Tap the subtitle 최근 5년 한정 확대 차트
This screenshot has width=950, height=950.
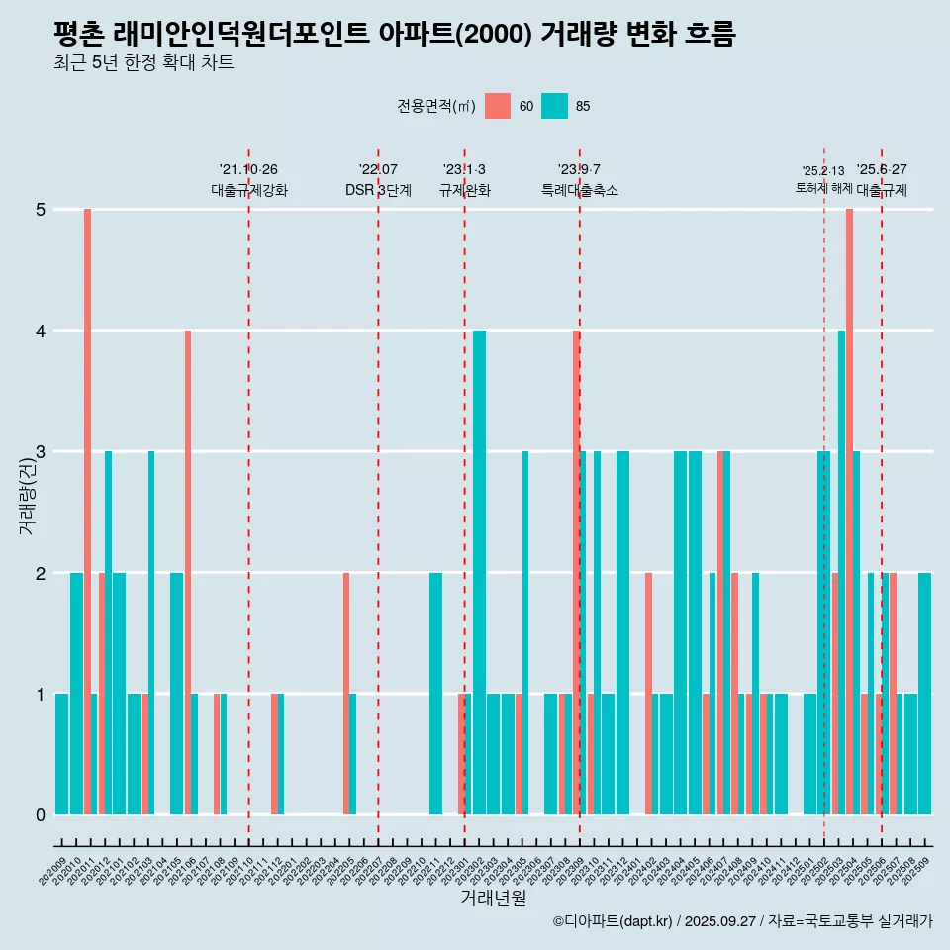[x=144, y=64]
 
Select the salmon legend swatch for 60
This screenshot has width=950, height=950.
[x=498, y=106]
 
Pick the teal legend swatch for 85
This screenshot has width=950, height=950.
[x=555, y=106]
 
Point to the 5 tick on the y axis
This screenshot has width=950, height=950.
[x=41, y=210]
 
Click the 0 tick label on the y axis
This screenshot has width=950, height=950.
[x=41, y=815]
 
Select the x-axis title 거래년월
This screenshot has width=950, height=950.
[x=493, y=898]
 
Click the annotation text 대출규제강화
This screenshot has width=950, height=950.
[x=249, y=190]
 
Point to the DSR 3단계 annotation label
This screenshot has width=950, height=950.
[x=378, y=190]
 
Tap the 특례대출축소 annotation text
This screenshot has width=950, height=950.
[x=580, y=190]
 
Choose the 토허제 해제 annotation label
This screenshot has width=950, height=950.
[x=823, y=187]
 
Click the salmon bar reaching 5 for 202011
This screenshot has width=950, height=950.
[x=87, y=512]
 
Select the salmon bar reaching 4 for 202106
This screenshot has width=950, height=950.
[x=188, y=572]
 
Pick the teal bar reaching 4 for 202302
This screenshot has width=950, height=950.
[x=479, y=572]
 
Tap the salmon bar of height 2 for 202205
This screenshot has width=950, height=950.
[x=346, y=694]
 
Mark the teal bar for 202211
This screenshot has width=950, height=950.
[x=435, y=694]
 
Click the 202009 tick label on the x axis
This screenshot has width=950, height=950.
[x=54, y=872]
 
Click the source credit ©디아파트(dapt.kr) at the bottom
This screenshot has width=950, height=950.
[x=742, y=921]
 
